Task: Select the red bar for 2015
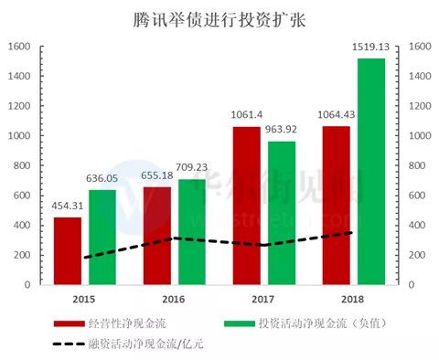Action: pos(67,250)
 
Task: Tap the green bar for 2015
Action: pos(102,237)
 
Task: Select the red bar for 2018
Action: pos(337,205)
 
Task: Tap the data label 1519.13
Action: pos(371,49)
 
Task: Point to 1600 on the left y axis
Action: pos(21,47)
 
